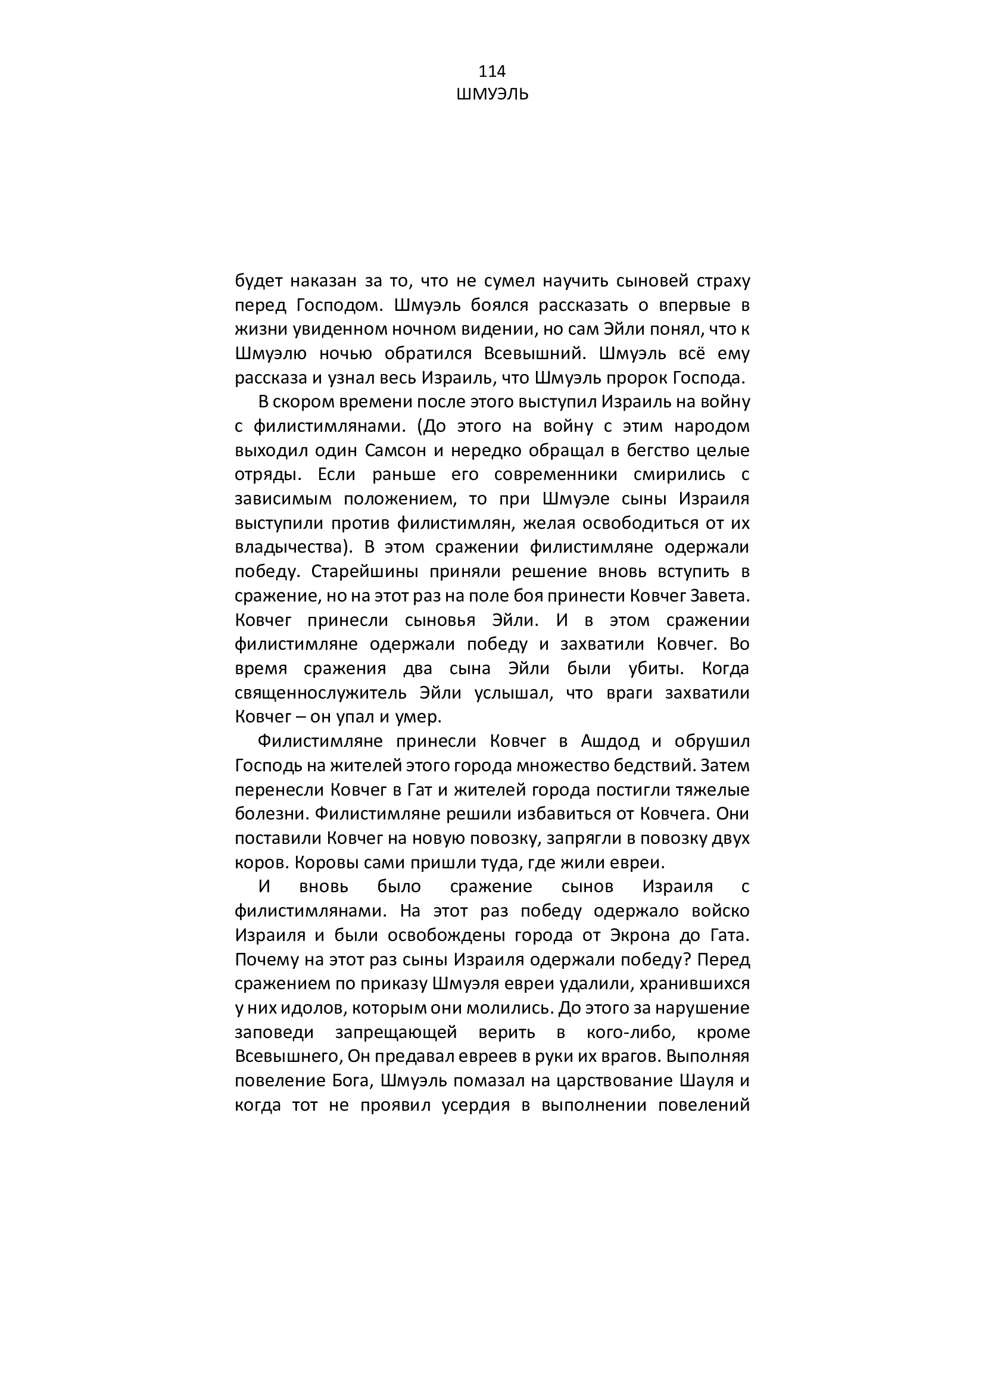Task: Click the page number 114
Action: (x=492, y=71)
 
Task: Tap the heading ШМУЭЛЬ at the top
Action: (x=492, y=95)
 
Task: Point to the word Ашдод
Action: (x=610, y=741)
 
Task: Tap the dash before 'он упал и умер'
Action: (x=300, y=717)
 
